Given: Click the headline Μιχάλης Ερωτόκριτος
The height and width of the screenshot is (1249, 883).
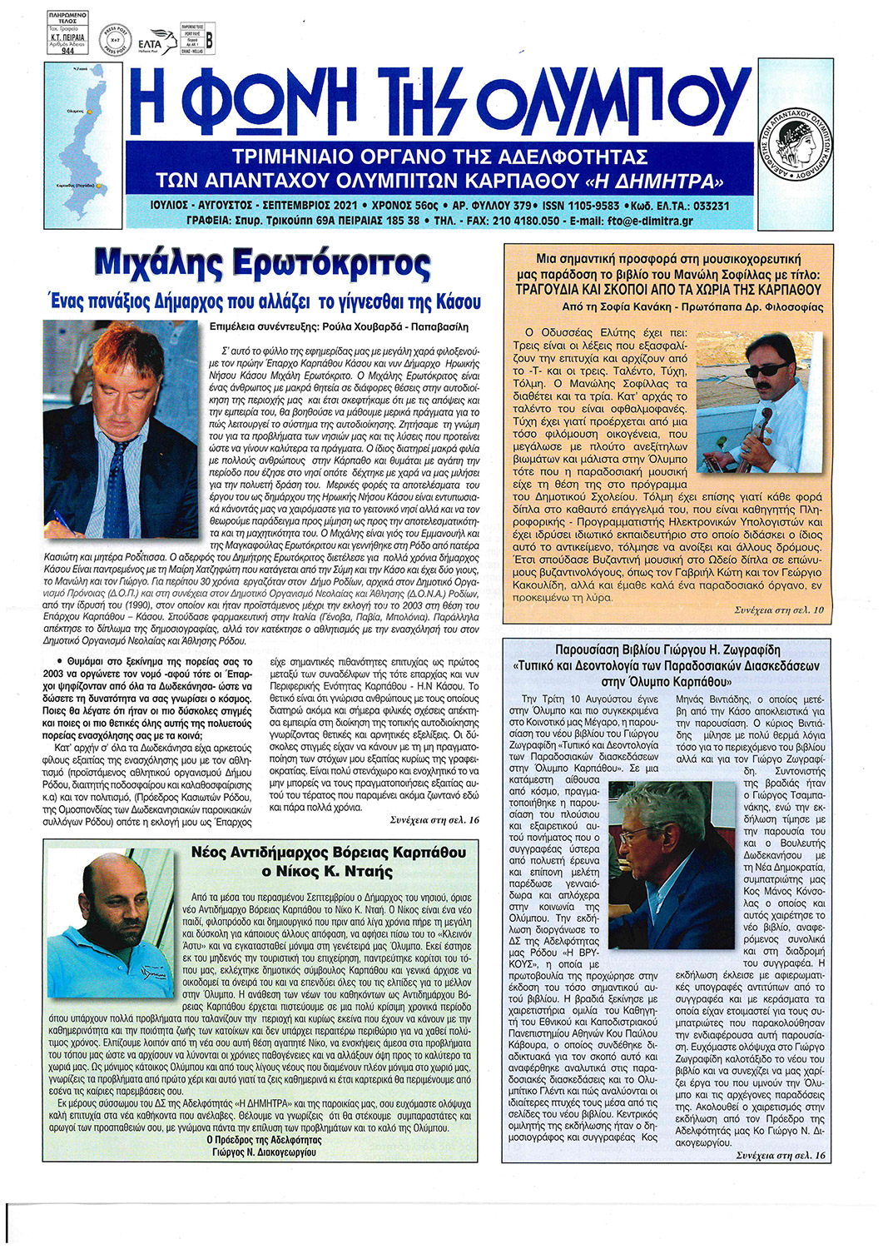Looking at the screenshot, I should (x=263, y=264).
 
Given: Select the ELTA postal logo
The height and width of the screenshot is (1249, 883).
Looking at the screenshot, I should (x=151, y=42).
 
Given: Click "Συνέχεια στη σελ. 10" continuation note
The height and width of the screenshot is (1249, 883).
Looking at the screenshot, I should (x=779, y=610).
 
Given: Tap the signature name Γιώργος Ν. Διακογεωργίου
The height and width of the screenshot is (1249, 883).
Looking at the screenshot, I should (x=264, y=1152).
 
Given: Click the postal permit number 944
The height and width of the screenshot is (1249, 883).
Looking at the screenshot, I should (x=68, y=51).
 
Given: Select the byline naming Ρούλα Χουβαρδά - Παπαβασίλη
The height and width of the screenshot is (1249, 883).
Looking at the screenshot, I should (x=340, y=326).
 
